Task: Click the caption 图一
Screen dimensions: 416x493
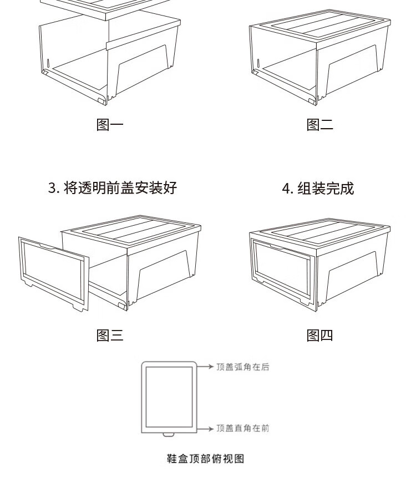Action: pyautogui.click(x=110, y=125)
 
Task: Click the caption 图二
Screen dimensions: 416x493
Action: pyautogui.click(x=320, y=125)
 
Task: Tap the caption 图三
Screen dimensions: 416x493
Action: pyautogui.click(x=110, y=335)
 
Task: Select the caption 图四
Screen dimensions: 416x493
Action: pyautogui.click(x=320, y=335)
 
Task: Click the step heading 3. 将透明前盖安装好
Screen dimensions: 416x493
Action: pyautogui.click(x=113, y=188)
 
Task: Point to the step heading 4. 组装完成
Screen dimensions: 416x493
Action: pyautogui.click(x=318, y=188)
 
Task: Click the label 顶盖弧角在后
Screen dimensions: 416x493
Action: pyautogui.click(x=243, y=367)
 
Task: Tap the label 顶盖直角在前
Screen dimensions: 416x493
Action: pyautogui.click(x=243, y=428)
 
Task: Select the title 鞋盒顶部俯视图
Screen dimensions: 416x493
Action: pyautogui.click(x=205, y=459)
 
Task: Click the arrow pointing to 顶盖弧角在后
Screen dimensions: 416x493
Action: pyautogui.click(x=205, y=367)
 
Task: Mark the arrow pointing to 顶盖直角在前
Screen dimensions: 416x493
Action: pyautogui.click(x=205, y=429)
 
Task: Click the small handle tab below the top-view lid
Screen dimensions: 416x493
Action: pyautogui.click(x=169, y=435)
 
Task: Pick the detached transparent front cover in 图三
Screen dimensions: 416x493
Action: pyautogui.click(x=54, y=274)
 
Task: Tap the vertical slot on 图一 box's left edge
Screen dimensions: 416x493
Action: pyautogui.click(x=48, y=63)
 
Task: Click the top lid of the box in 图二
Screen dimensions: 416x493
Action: pyautogui.click(x=320, y=26)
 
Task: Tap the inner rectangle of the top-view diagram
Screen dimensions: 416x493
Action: pyautogui.click(x=169, y=397)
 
